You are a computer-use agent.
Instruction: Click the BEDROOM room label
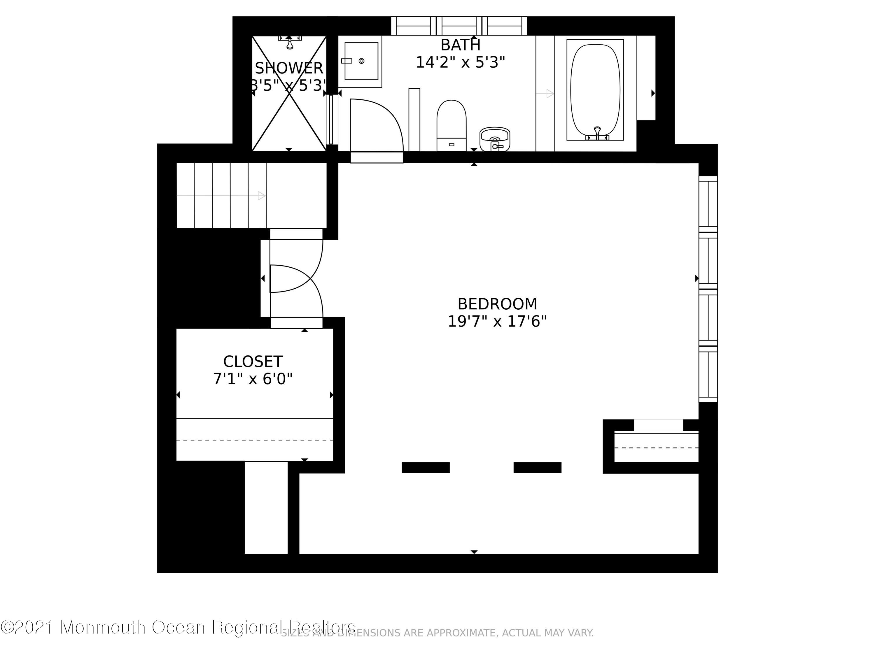[497, 304]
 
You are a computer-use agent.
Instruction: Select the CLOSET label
[253, 362]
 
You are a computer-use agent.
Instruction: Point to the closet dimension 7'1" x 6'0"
[253, 379]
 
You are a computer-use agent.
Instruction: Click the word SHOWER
[289, 69]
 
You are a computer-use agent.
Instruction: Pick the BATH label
[461, 45]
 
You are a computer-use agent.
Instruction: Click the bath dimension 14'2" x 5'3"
[461, 62]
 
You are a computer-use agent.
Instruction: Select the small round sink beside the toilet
[494, 138]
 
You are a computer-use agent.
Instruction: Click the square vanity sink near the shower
[361, 61]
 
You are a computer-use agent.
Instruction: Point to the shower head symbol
[290, 42]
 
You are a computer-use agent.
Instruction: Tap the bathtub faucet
[597, 134]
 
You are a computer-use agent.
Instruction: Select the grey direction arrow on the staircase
[221, 195]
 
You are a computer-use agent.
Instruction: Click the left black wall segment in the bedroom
[426, 467]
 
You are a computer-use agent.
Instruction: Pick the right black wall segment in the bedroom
[537, 467]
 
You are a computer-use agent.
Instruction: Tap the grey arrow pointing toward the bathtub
[545, 94]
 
